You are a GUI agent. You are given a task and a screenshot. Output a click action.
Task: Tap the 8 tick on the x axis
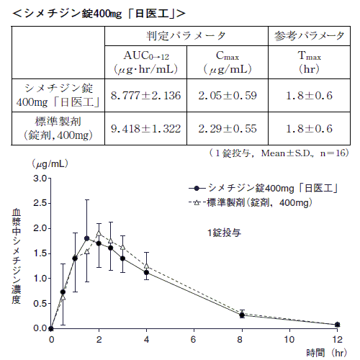tap(242, 338)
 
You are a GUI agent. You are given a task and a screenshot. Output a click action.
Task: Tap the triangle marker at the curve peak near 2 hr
tap(99, 234)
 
